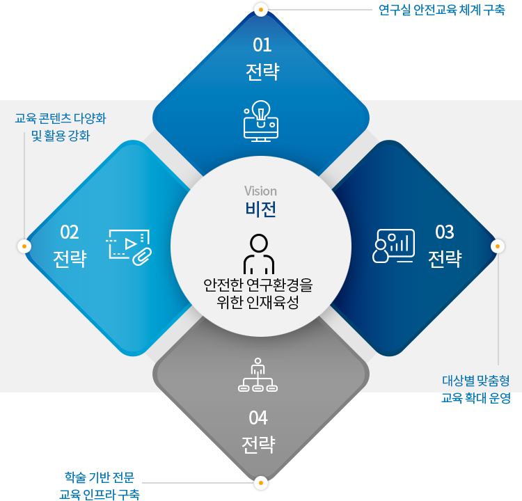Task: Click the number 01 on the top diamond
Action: pyautogui.click(x=262, y=46)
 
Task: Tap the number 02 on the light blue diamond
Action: pyautogui.click(x=70, y=232)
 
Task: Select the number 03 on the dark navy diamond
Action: pyautogui.click(x=444, y=232)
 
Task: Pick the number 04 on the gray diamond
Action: pyautogui.click(x=258, y=417)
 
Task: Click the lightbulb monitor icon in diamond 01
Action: pyautogui.click(x=260, y=120)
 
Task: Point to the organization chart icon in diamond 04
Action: pyautogui.click(x=258, y=376)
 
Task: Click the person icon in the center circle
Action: pyautogui.click(x=259, y=254)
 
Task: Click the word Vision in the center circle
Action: pyautogui.click(x=260, y=191)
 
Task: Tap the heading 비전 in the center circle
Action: pyautogui.click(x=260, y=209)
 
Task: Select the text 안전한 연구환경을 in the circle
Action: pyautogui.click(x=258, y=285)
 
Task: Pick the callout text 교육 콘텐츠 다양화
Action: pyautogui.click(x=61, y=118)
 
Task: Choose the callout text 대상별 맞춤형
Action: pyautogui.click(x=476, y=381)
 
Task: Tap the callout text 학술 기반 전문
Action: pyautogui.click(x=99, y=477)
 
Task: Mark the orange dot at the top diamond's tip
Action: pyautogui.click(x=260, y=10)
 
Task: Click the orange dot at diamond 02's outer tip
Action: pyautogui.click(x=24, y=246)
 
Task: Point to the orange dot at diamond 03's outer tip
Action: pyautogui.click(x=497, y=246)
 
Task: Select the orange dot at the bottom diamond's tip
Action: pyautogui.click(x=260, y=482)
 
